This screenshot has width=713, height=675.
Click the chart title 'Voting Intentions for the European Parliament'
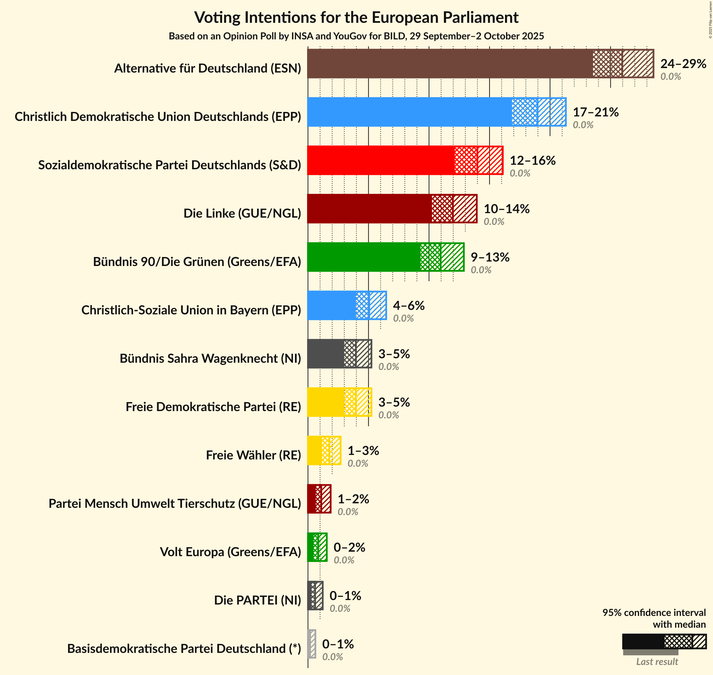click(x=356, y=17)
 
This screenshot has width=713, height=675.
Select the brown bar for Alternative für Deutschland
click(x=450, y=64)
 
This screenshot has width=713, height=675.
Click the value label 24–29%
click(x=683, y=64)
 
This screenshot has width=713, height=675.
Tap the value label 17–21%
click(x=595, y=112)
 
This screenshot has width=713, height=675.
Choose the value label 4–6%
click(x=409, y=305)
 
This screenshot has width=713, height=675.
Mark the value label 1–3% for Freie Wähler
click(x=363, y=450)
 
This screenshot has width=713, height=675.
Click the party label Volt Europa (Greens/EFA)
click(x=230, y=552)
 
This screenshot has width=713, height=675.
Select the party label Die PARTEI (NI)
click(x=257, y=600)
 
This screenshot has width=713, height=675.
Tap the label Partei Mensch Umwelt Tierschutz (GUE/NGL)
click(x=175, y=503)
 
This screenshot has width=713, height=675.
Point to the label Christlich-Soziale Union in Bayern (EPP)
click(x=191, y=310)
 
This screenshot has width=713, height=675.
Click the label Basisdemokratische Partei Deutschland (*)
click(x=184, y=648)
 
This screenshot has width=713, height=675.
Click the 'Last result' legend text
click(x=657, y=661)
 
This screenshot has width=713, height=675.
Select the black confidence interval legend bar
click(x=664, y=641)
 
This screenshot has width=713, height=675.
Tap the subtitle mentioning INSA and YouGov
click(x=356, y=36)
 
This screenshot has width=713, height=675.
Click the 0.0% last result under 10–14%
click(x=494, y=221)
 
